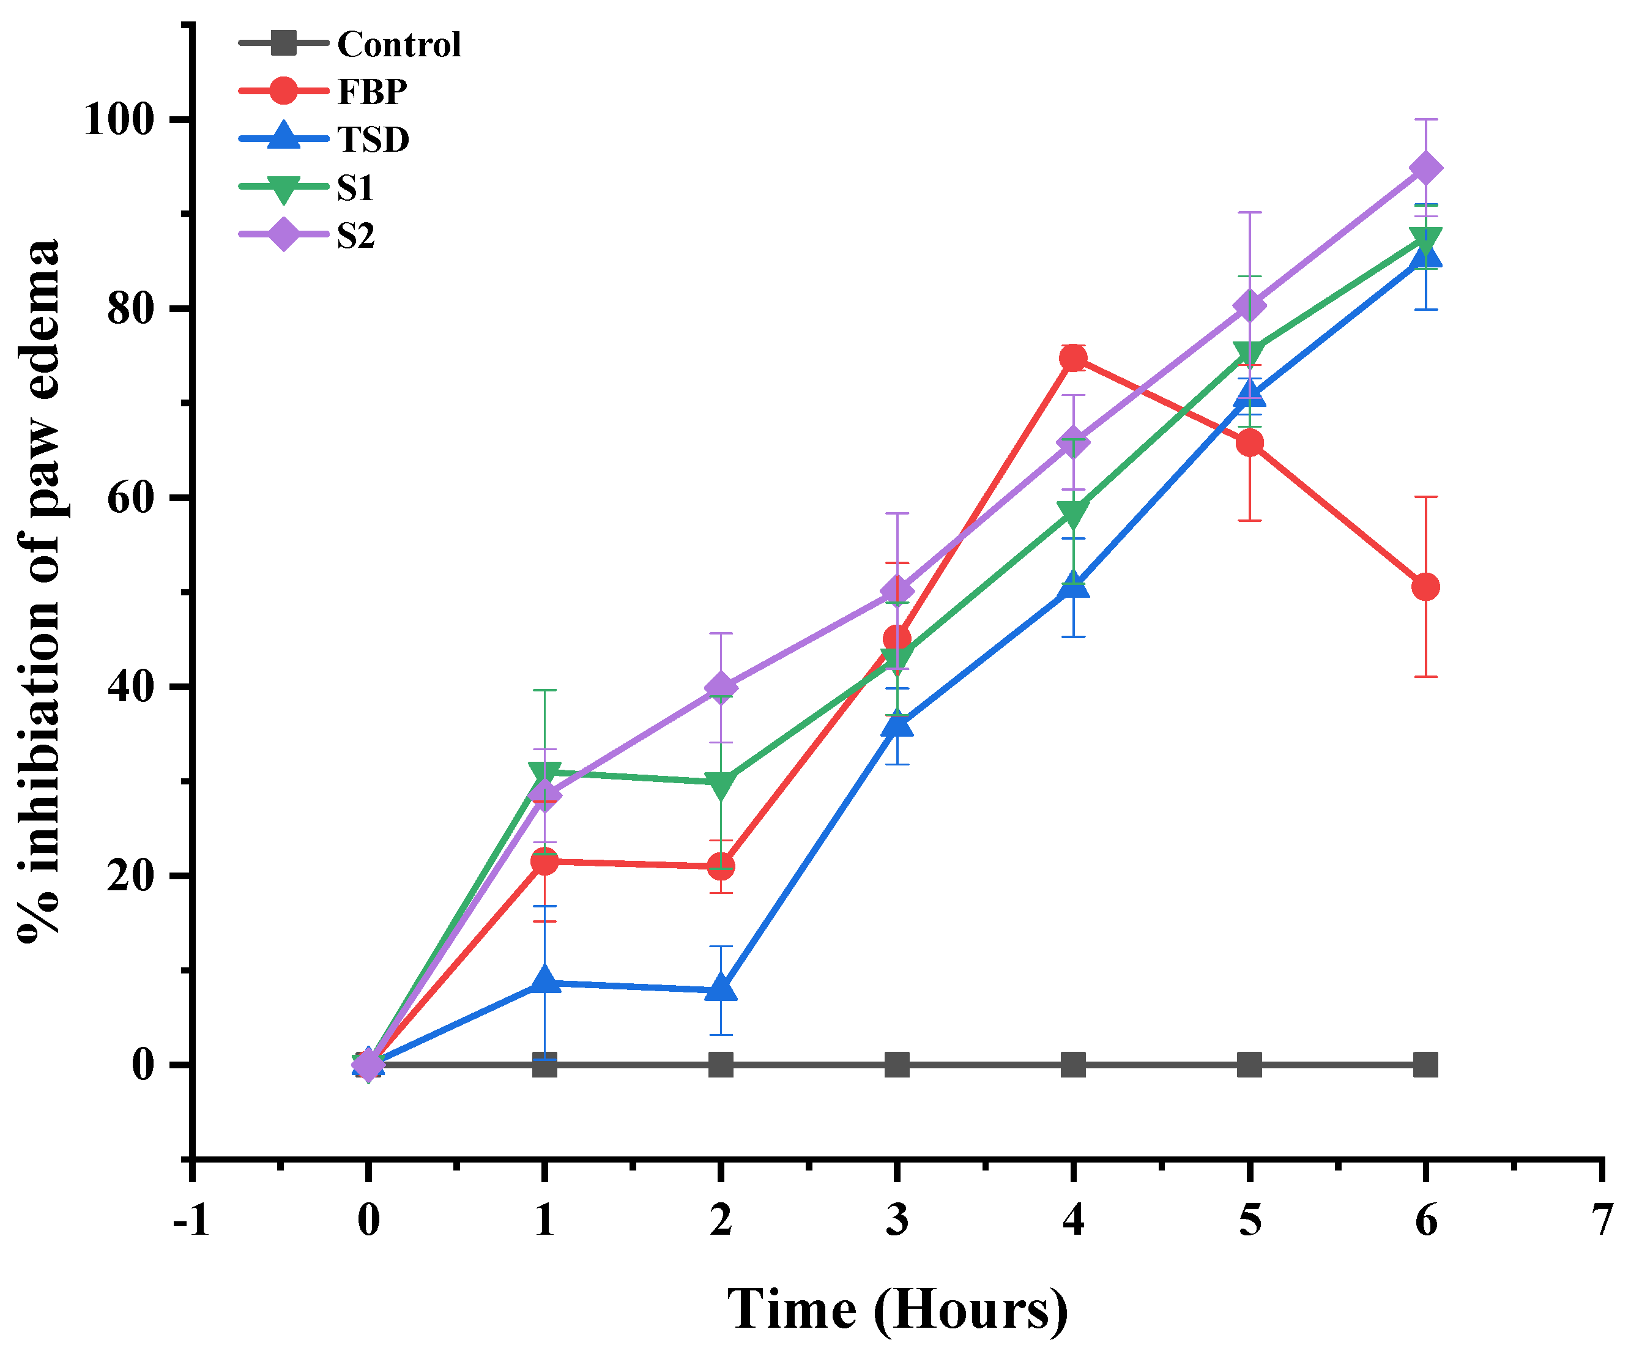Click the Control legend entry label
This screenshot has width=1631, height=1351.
[x=398, y=44]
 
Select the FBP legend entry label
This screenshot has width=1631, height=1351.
[x=372, y=92]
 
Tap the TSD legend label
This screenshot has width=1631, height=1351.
[x=373, y=140]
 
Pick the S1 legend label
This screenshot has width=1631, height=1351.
[x=355, y=188]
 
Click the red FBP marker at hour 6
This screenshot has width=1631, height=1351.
[x=1425, y=587]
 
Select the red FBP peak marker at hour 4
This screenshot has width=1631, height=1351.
[x=1073, y=357]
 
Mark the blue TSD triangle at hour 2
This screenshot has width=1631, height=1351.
[x=721, y=989]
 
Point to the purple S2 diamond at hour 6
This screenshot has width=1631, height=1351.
[x=1425, y=169]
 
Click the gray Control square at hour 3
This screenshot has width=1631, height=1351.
[x=897, y=1064]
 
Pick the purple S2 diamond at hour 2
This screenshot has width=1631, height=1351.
[x=721, y=688]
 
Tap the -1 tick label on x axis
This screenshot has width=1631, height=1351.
[x=191, y=1221]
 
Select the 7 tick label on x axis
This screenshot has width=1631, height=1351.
[x=1602, y=1221]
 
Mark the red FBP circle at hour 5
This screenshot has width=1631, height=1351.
[x=1249, y=444]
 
